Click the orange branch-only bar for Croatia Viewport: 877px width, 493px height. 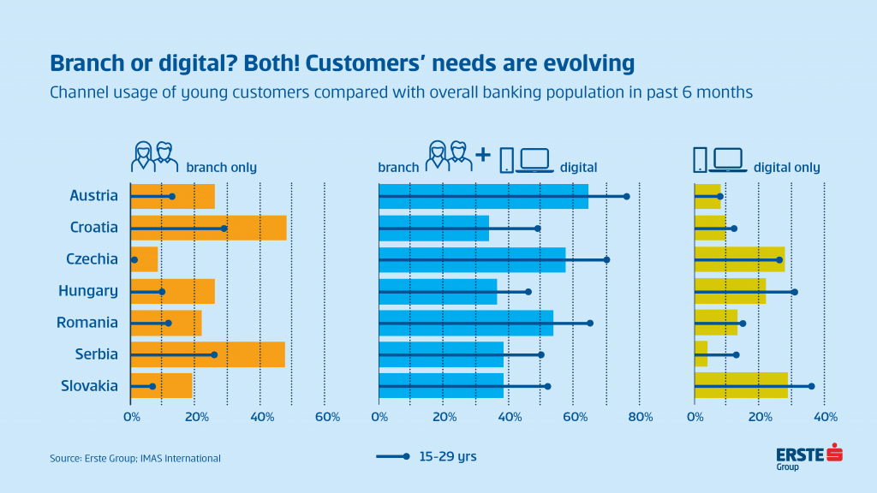tap(209, 228)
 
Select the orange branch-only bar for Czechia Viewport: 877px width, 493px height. tap(144, 259)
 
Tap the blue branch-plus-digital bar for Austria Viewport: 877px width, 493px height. tap(484, 196)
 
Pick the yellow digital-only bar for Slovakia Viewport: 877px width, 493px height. tap(741, 386)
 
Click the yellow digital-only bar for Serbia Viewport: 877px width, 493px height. tap(701, 353)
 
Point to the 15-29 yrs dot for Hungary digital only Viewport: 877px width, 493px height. tap(795, 292)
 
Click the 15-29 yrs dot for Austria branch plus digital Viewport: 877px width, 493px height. tap(626, 196)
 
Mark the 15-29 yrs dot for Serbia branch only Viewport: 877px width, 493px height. tap(214, 355)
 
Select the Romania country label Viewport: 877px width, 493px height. tap(87, 323)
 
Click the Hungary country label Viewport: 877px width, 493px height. tap(88, 291)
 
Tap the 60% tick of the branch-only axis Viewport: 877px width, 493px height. tap(327, 417)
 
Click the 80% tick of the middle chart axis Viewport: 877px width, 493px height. tap(641, 417)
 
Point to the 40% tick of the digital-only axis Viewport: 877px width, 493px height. tap(826, 417)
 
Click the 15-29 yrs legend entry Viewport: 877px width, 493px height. tap(427, 457)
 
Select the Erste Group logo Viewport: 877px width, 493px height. tap(808, 457)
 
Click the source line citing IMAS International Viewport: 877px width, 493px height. tap(135, 459)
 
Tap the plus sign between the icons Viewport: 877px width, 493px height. tap(483, 154)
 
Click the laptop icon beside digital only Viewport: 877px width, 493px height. tap(728, 160)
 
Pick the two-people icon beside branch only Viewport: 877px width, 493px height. tap(154, 157)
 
